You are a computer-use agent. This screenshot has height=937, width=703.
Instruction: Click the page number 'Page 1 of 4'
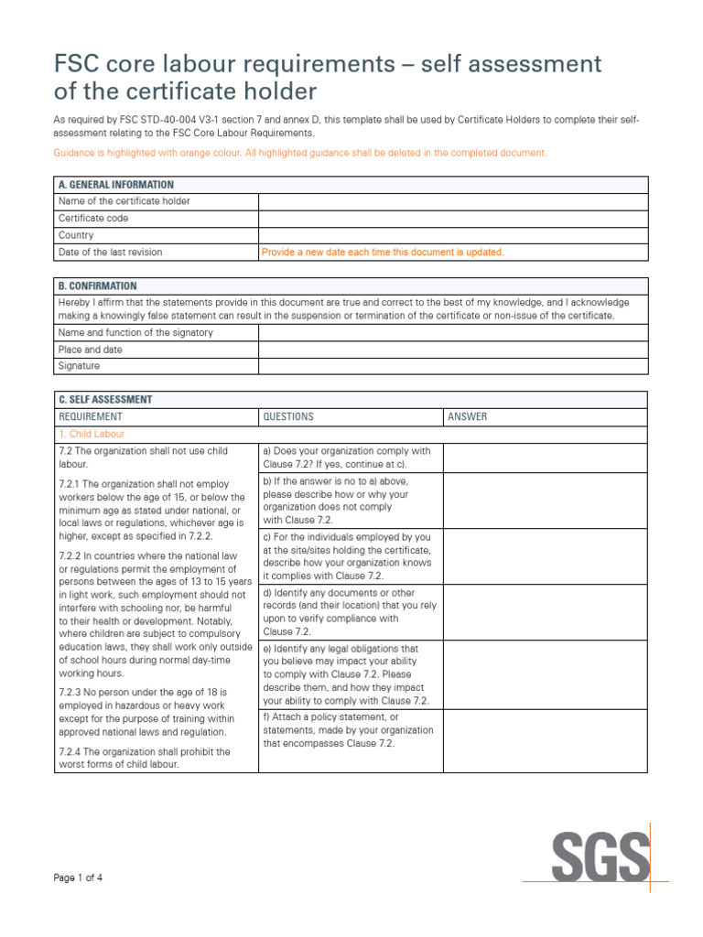(x=78, y=878)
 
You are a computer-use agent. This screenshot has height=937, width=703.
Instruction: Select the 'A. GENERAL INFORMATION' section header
(x=116, y=185)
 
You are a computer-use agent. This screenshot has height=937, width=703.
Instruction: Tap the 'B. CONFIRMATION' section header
(x=98, y=285)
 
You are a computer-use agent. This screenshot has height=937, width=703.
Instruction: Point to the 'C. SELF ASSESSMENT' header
(x=105, y=400)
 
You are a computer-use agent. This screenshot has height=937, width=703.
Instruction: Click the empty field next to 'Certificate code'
(x=452, y=219)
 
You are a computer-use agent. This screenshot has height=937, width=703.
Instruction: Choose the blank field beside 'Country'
(x=452, y=235)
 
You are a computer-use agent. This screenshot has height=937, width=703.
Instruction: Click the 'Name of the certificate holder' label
(x=124, y=201)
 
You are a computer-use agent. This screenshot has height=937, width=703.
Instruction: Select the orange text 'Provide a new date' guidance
(x=383, y=252)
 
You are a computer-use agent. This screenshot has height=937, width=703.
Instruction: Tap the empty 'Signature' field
(x=452, y=366)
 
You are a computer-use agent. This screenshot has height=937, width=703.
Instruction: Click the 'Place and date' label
(x=91, y=350)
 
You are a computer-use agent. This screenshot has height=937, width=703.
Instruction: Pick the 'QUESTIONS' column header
(x=288, y=416)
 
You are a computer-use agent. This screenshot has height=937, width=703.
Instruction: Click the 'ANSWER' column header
(x=468, y=416)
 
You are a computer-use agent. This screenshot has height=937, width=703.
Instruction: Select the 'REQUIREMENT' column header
(x=90, y=416)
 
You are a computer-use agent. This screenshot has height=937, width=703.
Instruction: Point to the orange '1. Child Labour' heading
(x=92, y=434)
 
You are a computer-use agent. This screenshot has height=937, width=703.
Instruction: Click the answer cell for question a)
(x=545, y=458)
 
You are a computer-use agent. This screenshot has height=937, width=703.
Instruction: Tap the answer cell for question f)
(x=545, y=740)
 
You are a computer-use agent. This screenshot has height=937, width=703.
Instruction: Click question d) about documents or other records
(x=350, y=612)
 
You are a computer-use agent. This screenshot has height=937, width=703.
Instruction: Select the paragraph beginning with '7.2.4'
(x=145, y=758)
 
